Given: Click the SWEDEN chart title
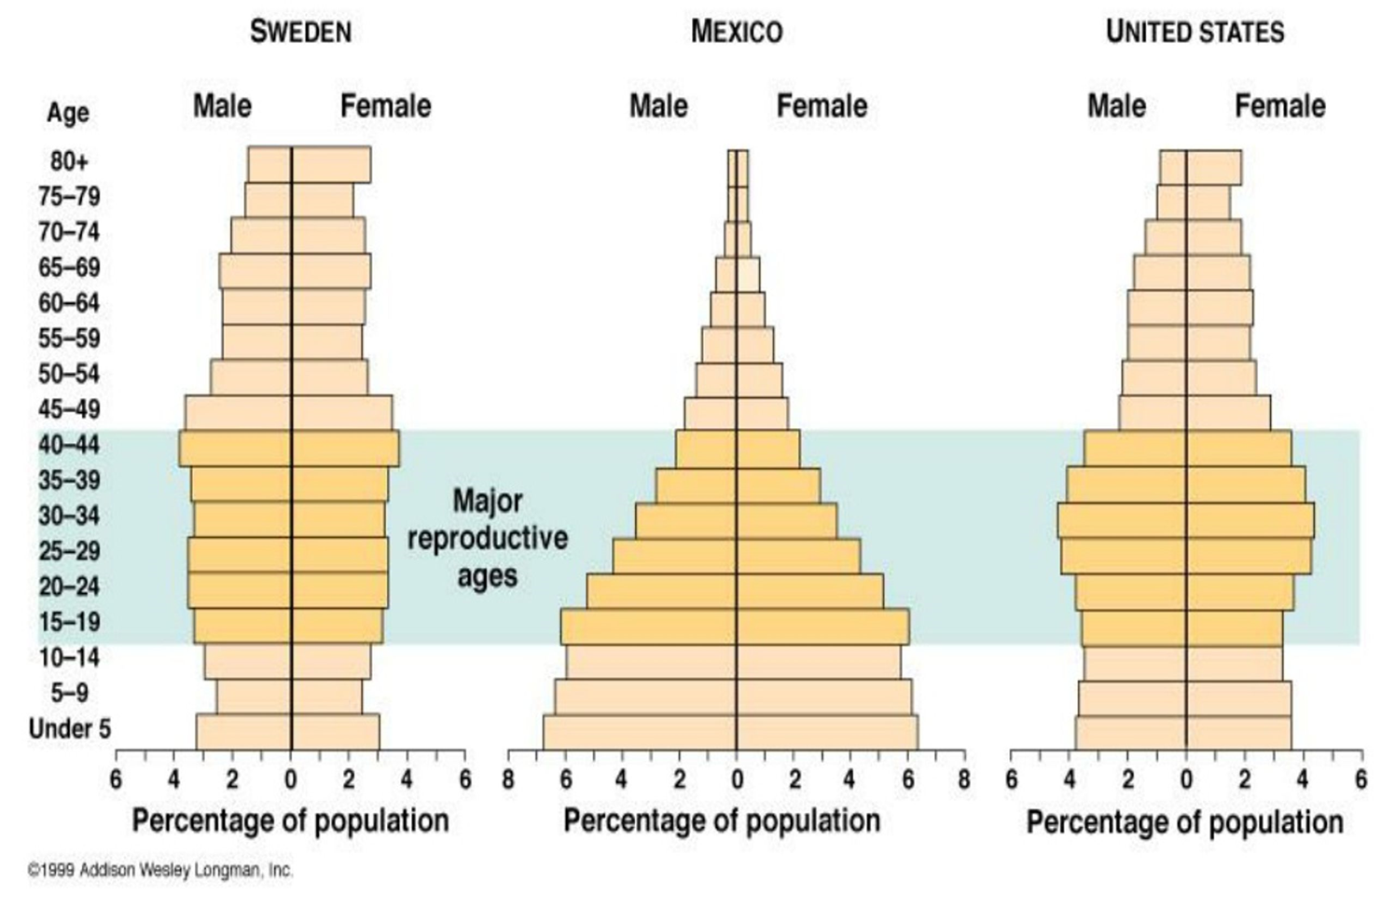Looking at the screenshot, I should tap(300, 32).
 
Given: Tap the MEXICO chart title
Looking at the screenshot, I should tap(737, 32).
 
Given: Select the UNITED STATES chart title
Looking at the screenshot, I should tap(1195, 32).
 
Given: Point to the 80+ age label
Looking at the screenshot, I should tap(69, 161).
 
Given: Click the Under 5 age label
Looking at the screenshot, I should tap(69, 728).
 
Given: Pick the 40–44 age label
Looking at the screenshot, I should tap(69, 445).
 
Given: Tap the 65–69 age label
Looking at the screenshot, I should tap(69, 268).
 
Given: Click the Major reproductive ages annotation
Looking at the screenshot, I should tap(487, 538).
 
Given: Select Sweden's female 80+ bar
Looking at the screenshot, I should tap(331, 164).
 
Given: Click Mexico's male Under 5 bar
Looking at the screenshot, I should tap(640, 732).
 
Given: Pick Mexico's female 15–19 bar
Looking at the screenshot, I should tap(822, 627).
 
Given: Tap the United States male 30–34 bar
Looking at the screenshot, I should tap(1122, 520).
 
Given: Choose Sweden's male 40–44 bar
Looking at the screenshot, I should tap(235, 448).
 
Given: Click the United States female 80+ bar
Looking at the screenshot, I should tap(1213, 168).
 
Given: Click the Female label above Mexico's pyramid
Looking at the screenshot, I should tap(822, 106).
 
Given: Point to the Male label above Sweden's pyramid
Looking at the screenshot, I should tap(222, 106).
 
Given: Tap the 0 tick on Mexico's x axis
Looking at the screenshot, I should tap(737, 779).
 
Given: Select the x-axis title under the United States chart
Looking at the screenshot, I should tap(1184, 822).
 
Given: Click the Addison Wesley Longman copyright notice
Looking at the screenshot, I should tap(160, 871).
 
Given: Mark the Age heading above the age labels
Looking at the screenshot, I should tap(68, 113).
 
